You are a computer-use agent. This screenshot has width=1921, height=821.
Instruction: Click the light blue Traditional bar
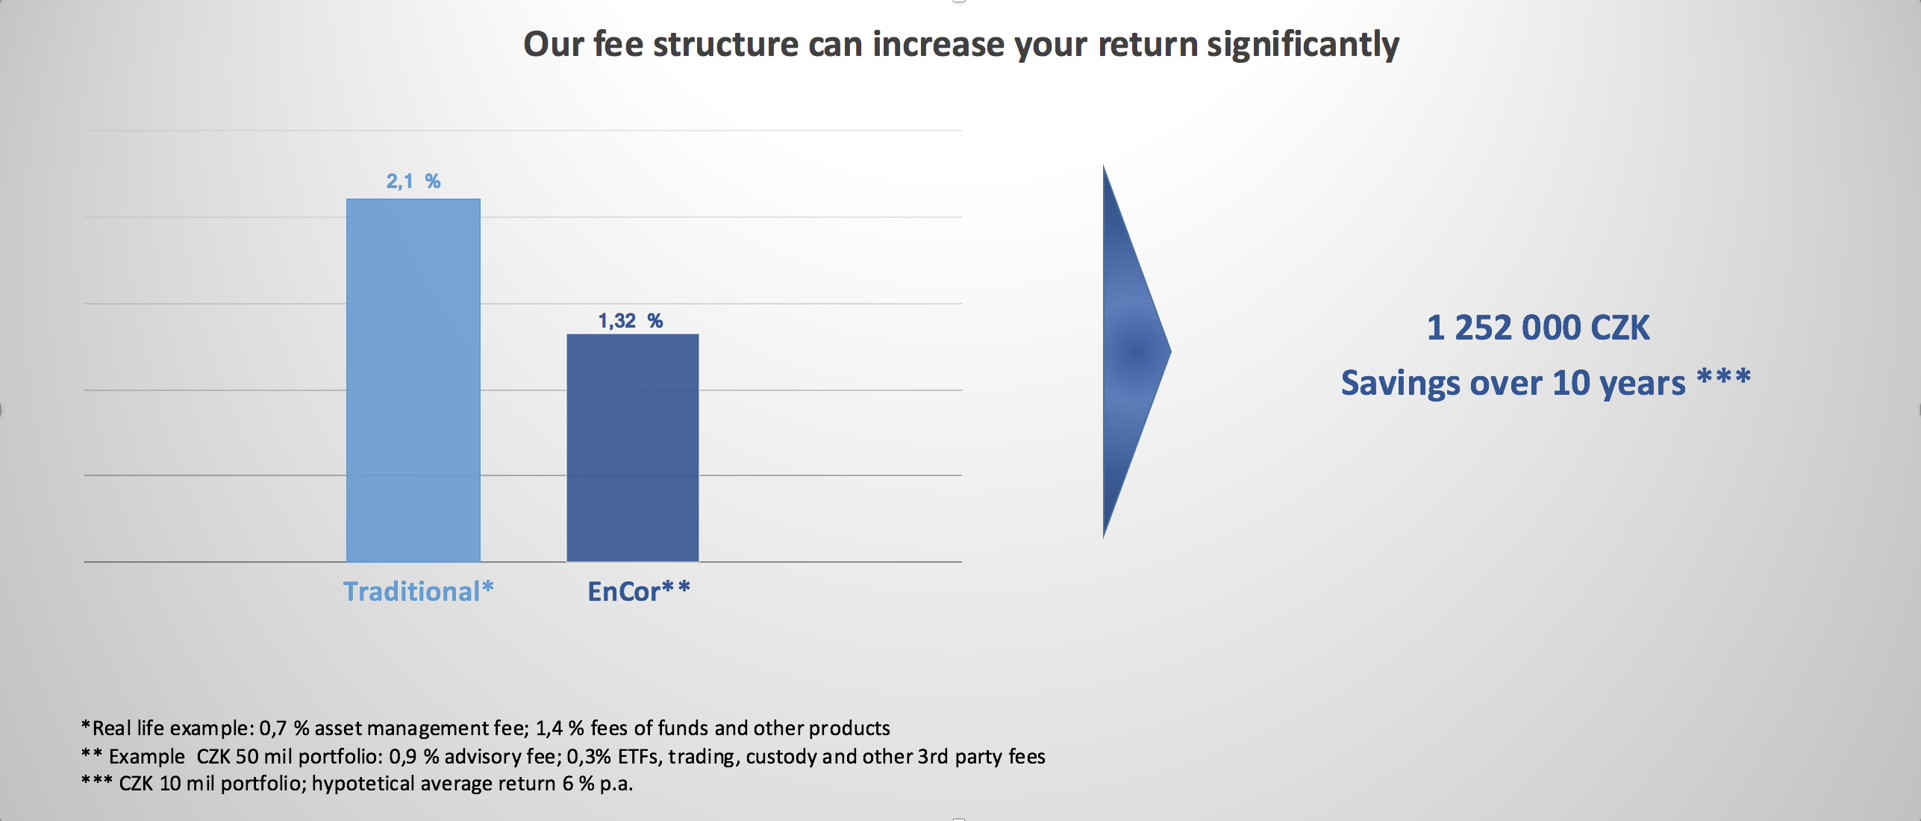pyautogui.click(x=413, y=380)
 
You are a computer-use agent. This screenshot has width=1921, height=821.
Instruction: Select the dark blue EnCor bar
pyautogui.click(x=633, y=448)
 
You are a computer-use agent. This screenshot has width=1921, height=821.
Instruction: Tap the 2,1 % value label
pyautogui.click(x=413, y=181)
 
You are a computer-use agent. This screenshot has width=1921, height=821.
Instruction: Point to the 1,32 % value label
pyautogui.click(x=631, y=321)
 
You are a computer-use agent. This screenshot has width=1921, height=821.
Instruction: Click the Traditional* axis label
pyautogui.click(x=419, y=591)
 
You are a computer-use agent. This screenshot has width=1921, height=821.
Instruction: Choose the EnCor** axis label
pyautogui.click(x=639, y=591)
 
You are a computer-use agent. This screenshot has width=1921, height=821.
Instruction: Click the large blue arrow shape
pyautogui.click(x=1137, y=351)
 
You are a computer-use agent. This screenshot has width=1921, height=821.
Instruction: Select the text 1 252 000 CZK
pyautogui.click(x=1538, y=328)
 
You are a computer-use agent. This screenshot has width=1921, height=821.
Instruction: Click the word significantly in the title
pyautogui.click(x=1303, y=45)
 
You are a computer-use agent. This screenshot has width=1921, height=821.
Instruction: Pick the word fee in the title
pyautogui.click(x=618, y=44)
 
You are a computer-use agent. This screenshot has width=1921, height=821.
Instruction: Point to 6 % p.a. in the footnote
pyautogui.click(x=597, y=784)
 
